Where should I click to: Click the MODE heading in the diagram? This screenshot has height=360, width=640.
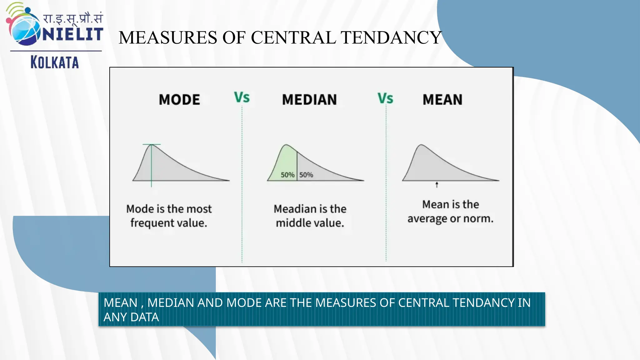coord(179,100)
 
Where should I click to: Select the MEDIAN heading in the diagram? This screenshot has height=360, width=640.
coord(309,100)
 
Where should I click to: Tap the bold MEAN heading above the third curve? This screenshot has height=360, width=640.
coord(442,100)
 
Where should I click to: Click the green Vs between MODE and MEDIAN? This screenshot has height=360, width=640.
coord(242,97)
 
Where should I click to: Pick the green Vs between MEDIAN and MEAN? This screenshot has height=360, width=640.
coord(385,98)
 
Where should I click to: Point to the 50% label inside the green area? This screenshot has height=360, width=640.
coord(287,175)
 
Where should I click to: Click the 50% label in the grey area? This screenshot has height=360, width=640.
coord(306,175)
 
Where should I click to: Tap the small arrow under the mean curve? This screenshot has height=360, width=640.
coord(437,185)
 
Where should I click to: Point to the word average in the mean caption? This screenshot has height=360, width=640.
coord(427,219)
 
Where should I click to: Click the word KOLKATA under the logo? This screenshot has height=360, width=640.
coord(55,62)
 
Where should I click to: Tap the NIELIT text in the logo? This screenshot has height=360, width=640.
coord(72,34)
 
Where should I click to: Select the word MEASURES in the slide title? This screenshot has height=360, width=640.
coord(168,37)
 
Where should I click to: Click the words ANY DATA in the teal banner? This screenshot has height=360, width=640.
coord(131,317)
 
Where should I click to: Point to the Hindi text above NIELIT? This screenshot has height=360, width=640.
coord(72,18)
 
